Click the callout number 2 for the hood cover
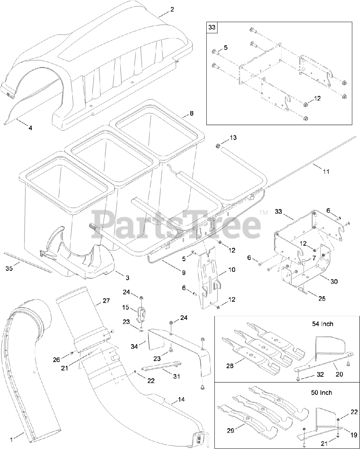[172, 9]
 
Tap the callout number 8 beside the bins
[192, 113]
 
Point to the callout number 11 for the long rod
[326, 171]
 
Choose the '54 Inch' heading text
[322, 323]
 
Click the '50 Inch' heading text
[321, 392]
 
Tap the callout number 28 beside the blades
[230, 366]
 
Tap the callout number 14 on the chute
[181, 399]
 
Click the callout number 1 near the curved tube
[11, 439]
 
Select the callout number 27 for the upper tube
[106, 301]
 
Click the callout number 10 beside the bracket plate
[241, 270]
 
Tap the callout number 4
[30, 128]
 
